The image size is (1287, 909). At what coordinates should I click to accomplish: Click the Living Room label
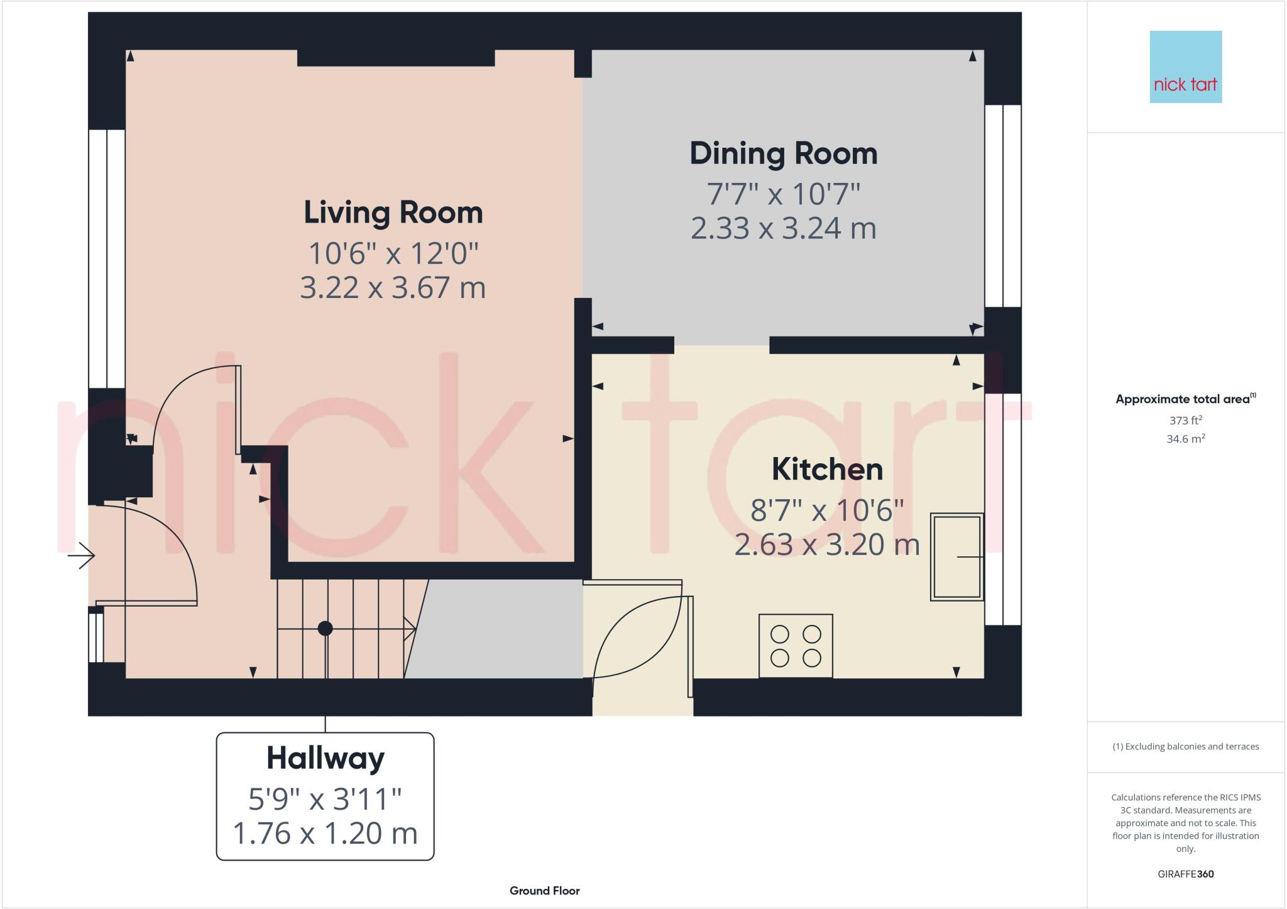coord(393,212)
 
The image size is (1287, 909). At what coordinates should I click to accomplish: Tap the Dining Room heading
coord(783,153)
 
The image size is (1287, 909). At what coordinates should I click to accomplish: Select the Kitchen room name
coord(827,469)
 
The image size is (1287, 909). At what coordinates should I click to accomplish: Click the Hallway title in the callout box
coord(325,757)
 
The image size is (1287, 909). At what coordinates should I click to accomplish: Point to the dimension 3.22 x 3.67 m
coord(393,288)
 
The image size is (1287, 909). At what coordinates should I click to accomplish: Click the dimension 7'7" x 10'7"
coord(783,194)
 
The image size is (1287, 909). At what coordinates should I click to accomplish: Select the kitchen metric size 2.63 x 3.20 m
coord(827,544)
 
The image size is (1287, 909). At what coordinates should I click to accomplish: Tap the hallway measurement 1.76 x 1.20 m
coord(325,834)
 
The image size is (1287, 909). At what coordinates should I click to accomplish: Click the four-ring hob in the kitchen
coord(796,646)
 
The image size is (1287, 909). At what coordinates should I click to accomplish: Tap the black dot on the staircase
coord(325,628)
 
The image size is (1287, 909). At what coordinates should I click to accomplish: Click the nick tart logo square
coord(1185,67)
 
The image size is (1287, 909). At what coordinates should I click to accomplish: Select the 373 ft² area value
coord(1185,420)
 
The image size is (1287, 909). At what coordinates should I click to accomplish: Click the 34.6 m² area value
coord(1185,439)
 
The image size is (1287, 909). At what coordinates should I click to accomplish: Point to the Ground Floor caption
coord(544,891)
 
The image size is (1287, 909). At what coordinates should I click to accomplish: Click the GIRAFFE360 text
coord(1185,874)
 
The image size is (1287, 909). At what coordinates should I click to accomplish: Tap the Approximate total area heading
coord(1183,399)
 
